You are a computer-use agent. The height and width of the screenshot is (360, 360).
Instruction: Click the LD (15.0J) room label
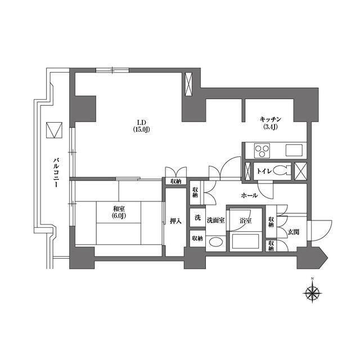coord(141,126)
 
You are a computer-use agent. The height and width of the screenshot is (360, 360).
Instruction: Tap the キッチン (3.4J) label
coord(271,123)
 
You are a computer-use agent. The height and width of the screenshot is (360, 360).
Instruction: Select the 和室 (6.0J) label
coord(119,213)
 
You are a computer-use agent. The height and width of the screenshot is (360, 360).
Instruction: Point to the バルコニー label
coord(56,172)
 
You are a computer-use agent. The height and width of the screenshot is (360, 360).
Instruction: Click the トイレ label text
coord(264,171)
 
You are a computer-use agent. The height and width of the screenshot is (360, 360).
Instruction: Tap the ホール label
coord(249,196)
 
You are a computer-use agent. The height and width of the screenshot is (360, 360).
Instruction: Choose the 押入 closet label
coord(176,221)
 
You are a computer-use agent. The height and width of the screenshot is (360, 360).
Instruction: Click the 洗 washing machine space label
coord(197,217)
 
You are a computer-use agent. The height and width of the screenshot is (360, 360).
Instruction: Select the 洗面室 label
coord(215,220)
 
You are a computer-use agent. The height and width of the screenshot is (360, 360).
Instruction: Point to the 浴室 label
coord(246,221)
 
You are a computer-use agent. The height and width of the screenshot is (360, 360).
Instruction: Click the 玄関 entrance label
coord(294,232)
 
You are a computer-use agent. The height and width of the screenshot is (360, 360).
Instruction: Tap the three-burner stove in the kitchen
coord(262,151)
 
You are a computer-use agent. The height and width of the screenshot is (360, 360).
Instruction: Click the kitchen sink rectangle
coord(294,150)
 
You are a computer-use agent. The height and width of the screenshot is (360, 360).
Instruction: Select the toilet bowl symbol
coord(282,171)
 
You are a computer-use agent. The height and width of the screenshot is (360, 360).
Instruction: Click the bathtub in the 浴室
coord(246,241)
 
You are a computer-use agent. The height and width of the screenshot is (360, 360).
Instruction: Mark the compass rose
coord(312,293)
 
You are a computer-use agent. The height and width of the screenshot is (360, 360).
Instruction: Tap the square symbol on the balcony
coord(54,130)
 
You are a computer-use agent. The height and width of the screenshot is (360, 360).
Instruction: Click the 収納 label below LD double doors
coord(176,181)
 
